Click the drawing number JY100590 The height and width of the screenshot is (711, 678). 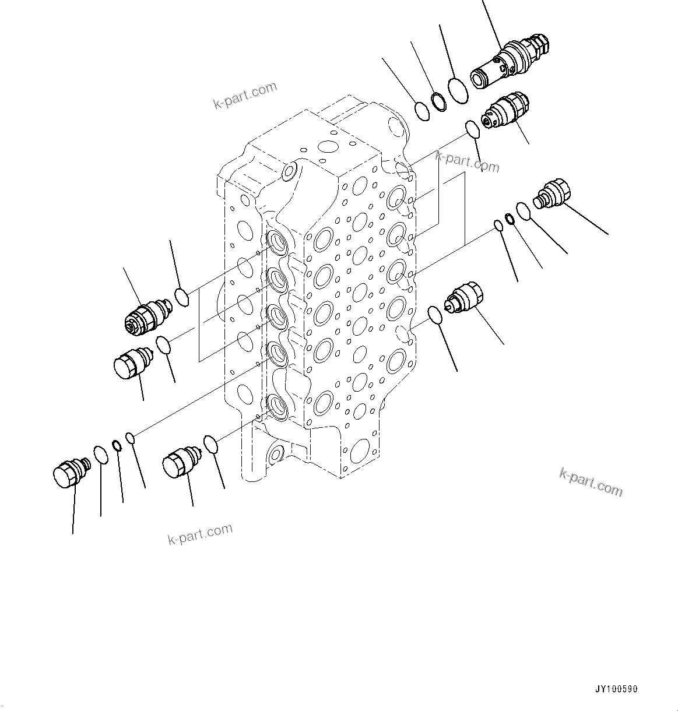(616, 689)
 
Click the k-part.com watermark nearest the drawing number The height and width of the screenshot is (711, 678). (591, 483)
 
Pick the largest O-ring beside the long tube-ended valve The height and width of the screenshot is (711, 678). (459, 91)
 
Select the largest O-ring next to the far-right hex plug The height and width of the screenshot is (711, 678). (524, 211)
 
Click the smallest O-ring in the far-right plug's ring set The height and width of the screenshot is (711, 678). (498, 226)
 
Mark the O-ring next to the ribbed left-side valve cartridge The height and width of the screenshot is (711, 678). (182, 297)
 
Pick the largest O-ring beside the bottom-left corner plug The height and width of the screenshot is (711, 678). (100, 455)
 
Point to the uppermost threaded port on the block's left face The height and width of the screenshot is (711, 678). (277, 241)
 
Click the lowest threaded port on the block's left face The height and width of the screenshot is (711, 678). (277, 406)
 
